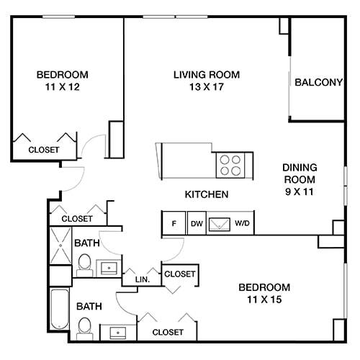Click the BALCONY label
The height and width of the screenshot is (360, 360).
[318, 82]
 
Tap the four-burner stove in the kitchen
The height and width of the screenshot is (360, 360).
[230, 165]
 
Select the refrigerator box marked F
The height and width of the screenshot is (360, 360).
[173, 223]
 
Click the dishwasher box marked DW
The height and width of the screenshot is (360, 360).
[197, 223]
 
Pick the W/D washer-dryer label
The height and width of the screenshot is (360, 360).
[242, 223]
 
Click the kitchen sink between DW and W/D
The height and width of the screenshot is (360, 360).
[219, 223]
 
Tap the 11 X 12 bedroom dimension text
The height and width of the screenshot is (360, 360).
[62, 87]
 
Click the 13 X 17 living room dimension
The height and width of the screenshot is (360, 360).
[207, 87]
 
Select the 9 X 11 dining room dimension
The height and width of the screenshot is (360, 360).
[299, 193]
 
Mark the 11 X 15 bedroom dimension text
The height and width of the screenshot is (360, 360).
[264, 300]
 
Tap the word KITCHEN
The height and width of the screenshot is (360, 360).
[207, 194]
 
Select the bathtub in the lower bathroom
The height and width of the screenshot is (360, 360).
[60, 310]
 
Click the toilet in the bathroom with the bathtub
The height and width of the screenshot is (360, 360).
[84, 328]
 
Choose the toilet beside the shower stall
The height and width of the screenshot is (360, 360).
[84, 264]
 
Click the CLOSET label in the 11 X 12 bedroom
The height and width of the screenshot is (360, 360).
[43, 150]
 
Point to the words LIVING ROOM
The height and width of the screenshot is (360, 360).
[207, 74]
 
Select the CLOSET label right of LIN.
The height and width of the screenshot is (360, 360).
[179, 274]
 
